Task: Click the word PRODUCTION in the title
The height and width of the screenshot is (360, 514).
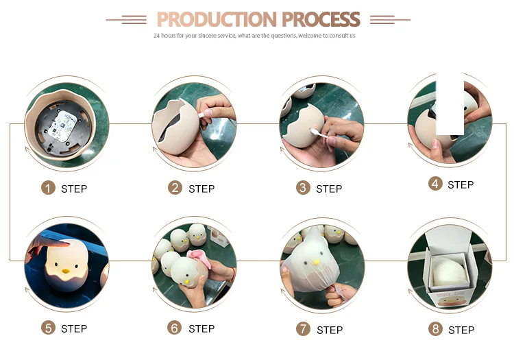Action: pos(217,19)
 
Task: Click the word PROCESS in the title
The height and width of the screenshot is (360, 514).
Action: pos(321,19)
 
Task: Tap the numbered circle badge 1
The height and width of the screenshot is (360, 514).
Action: pos(48,188)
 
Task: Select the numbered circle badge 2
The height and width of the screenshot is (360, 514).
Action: pos(175,188)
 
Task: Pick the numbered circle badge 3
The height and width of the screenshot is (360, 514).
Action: pos(303,188)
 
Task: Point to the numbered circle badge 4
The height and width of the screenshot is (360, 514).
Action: pos(435,184)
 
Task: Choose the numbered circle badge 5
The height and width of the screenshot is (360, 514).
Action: pos(48,328)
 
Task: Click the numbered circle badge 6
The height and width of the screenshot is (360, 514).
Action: pos(174,328)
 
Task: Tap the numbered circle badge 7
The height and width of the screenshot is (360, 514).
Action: pos(303,329)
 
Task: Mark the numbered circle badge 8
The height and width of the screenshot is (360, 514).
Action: pos(435,329)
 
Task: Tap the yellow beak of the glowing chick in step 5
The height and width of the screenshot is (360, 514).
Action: pos(66,271)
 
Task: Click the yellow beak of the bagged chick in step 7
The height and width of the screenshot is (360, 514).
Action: pos(316,263)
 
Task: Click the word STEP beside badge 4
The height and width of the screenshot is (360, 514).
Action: pos(461,185)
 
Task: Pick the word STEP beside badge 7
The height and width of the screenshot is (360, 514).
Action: pos(330,330)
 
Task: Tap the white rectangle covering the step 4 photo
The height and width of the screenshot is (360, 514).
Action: pos(450,104)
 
